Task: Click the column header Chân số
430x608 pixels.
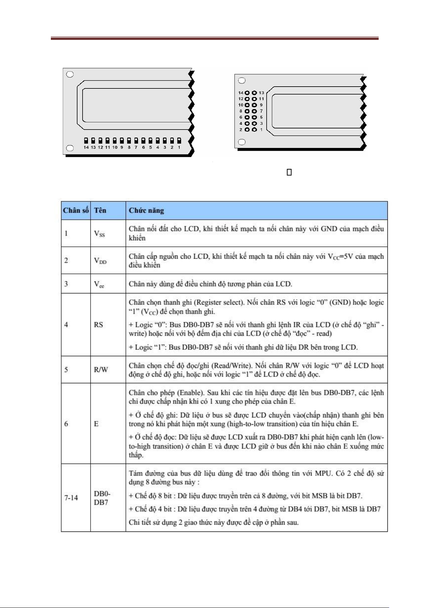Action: pos(76,211)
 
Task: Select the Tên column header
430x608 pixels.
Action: pos(108,211)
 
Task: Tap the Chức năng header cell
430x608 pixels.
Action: pos(256,211)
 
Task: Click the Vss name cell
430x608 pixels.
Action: pos(108,233)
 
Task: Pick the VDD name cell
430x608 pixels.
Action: pos(108,261)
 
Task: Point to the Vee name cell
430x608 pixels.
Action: pos(108,284)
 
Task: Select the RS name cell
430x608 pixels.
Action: pos(108,325)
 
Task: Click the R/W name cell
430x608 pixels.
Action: pos(108,370)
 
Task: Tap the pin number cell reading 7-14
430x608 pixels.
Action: pos(76,498)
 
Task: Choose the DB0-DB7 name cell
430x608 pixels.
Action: pos(108,498)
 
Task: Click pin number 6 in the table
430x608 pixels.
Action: pos(76,424)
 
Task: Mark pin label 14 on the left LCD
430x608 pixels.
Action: pos(86,147)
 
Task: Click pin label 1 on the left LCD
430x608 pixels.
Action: pos(179,147)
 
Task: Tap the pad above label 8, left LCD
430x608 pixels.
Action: pos(129,140)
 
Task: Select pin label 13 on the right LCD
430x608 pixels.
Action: pos(261,93)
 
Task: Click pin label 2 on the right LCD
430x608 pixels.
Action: pos(241,130)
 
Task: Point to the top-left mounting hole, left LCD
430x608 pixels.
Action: pos(70,74)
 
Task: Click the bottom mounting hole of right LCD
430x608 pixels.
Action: pos(242,142)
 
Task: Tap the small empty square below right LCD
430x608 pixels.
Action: pos(289,172)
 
